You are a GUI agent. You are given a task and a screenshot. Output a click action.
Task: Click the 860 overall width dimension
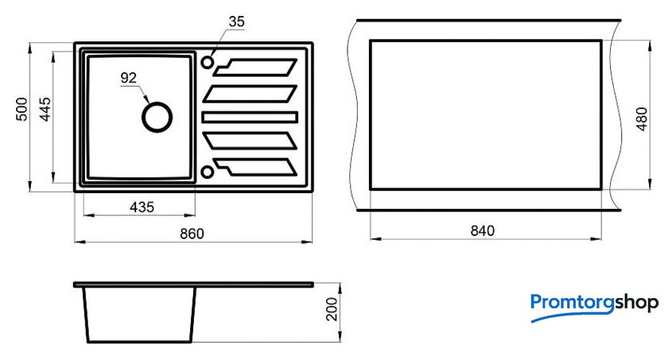click(192, 234)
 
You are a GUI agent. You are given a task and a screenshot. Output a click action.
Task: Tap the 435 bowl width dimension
click(142, 207)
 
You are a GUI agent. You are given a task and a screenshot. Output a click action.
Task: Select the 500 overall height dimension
click(21, 110)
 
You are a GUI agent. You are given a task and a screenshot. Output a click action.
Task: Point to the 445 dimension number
click(45, 110)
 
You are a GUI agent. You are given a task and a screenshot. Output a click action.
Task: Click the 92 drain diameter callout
click(128, 78)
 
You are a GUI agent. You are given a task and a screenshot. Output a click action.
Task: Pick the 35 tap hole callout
click(236, 21)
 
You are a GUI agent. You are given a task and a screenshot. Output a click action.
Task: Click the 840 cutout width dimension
click(482, 230)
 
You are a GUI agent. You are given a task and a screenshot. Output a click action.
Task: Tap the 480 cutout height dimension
click(642, 118)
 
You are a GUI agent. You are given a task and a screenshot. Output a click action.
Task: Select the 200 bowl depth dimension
click(332, 309)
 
